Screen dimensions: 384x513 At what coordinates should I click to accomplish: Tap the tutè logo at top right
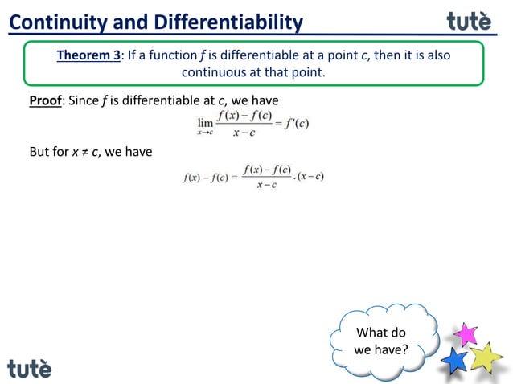pos(469,20)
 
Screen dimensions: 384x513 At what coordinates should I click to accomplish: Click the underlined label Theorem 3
pos(88,55)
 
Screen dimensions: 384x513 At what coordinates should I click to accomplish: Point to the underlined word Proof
pos(46,101)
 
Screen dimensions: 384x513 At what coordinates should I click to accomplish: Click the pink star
pos(466,333)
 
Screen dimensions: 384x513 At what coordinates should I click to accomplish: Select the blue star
pos(455,359)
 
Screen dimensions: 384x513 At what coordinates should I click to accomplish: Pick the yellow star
pos(486,356)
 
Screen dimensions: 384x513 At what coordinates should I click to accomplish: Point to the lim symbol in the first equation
pos(206,123)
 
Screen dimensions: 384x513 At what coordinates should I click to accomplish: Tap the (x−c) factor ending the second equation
pos(310,177)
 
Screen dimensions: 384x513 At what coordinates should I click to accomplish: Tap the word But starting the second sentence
pos(40,151)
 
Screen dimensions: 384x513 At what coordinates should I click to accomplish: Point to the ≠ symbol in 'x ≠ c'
pos(84,151)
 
